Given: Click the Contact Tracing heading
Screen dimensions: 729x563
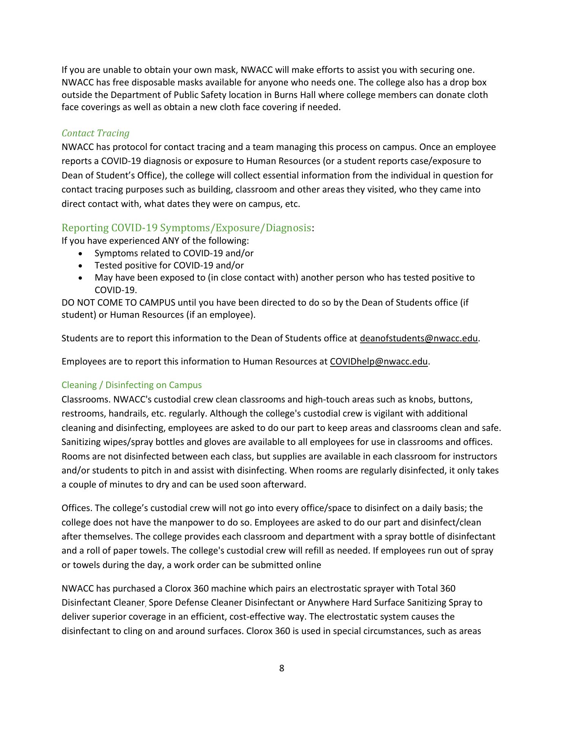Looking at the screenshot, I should (x=95, y=133).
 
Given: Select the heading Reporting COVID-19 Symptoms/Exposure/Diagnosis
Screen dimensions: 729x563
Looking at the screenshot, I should (x=186, y=228).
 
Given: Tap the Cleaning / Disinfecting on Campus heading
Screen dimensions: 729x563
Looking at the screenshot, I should (x=132, y=385).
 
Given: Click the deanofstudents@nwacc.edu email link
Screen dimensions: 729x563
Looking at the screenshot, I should (x=418, y=338).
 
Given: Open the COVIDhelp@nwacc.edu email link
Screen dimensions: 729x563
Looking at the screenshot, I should (x=379, y=361).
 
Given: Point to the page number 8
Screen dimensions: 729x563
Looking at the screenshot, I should (x=281, y=668).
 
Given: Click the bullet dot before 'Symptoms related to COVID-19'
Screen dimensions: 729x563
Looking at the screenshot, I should (x=80, y=254).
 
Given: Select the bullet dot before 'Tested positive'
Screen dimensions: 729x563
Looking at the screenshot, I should (x=80, y=266).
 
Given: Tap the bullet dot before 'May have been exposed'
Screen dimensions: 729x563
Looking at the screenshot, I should (x=80, y=278).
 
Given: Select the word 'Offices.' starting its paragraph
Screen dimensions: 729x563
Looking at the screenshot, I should (x=77, y=508).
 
